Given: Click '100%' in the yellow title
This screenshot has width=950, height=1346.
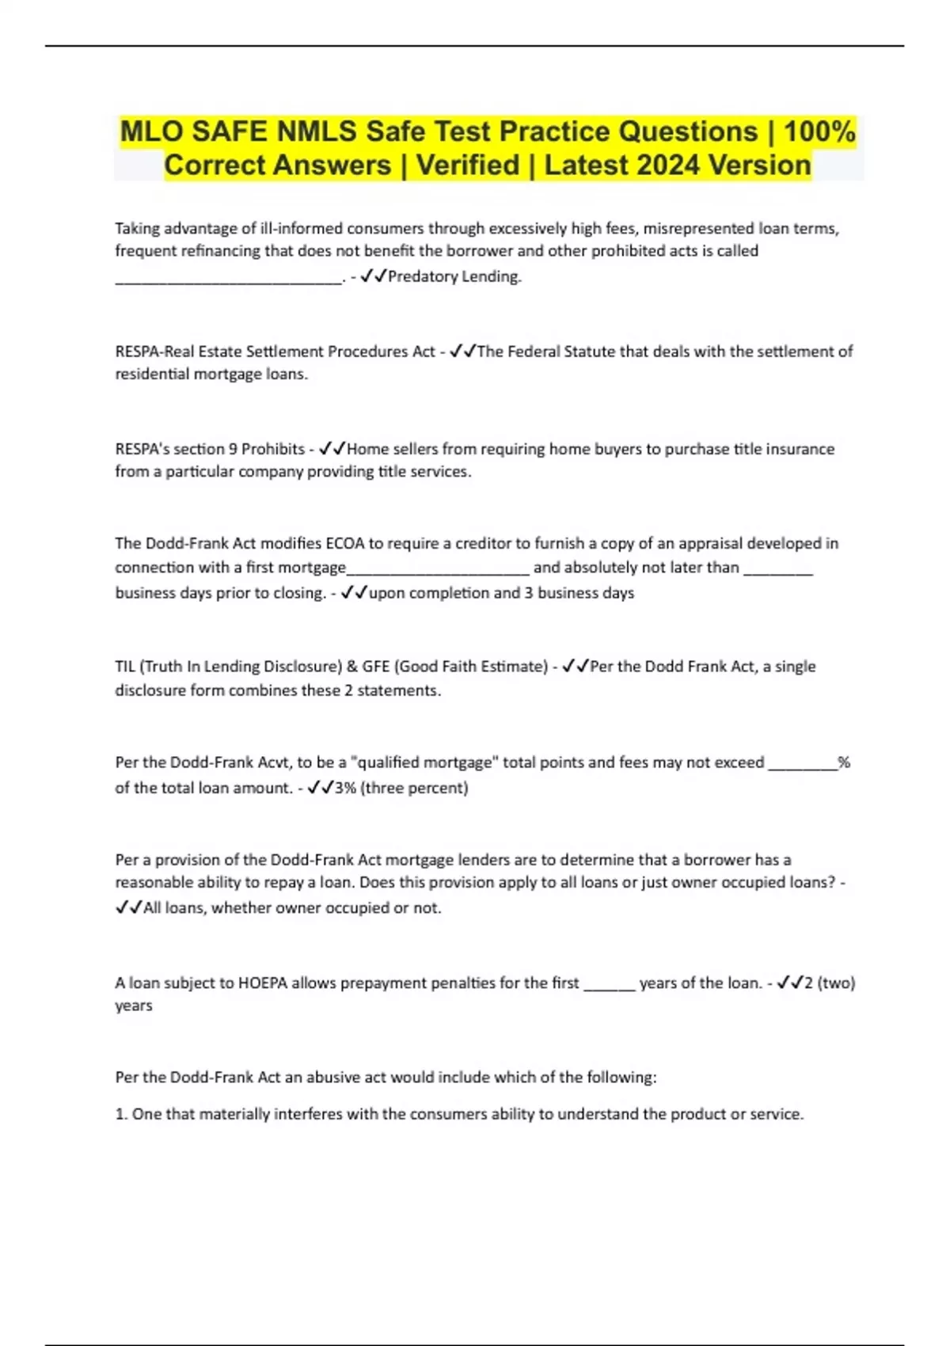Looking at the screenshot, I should click(819, 131).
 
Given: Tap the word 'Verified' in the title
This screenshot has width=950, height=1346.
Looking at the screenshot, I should click(468, 165).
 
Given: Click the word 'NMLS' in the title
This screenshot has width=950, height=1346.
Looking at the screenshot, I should click(317, 131).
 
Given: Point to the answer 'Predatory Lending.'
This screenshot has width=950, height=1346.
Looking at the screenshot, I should click(454, 276).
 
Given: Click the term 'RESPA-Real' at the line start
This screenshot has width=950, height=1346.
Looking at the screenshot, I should click(154, 352).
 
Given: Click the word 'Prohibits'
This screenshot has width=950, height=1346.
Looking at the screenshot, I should click(273, 449).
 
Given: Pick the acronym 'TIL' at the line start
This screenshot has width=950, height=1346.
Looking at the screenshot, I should click(125, 667).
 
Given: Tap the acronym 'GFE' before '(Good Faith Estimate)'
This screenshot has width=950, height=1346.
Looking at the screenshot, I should click(376, 667).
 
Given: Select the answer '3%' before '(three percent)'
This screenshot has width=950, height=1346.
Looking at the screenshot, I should click(345, 788).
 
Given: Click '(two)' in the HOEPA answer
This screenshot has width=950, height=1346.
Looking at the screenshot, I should click(836, 983).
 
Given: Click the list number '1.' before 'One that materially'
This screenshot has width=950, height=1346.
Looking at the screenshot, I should click(121, 1114).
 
